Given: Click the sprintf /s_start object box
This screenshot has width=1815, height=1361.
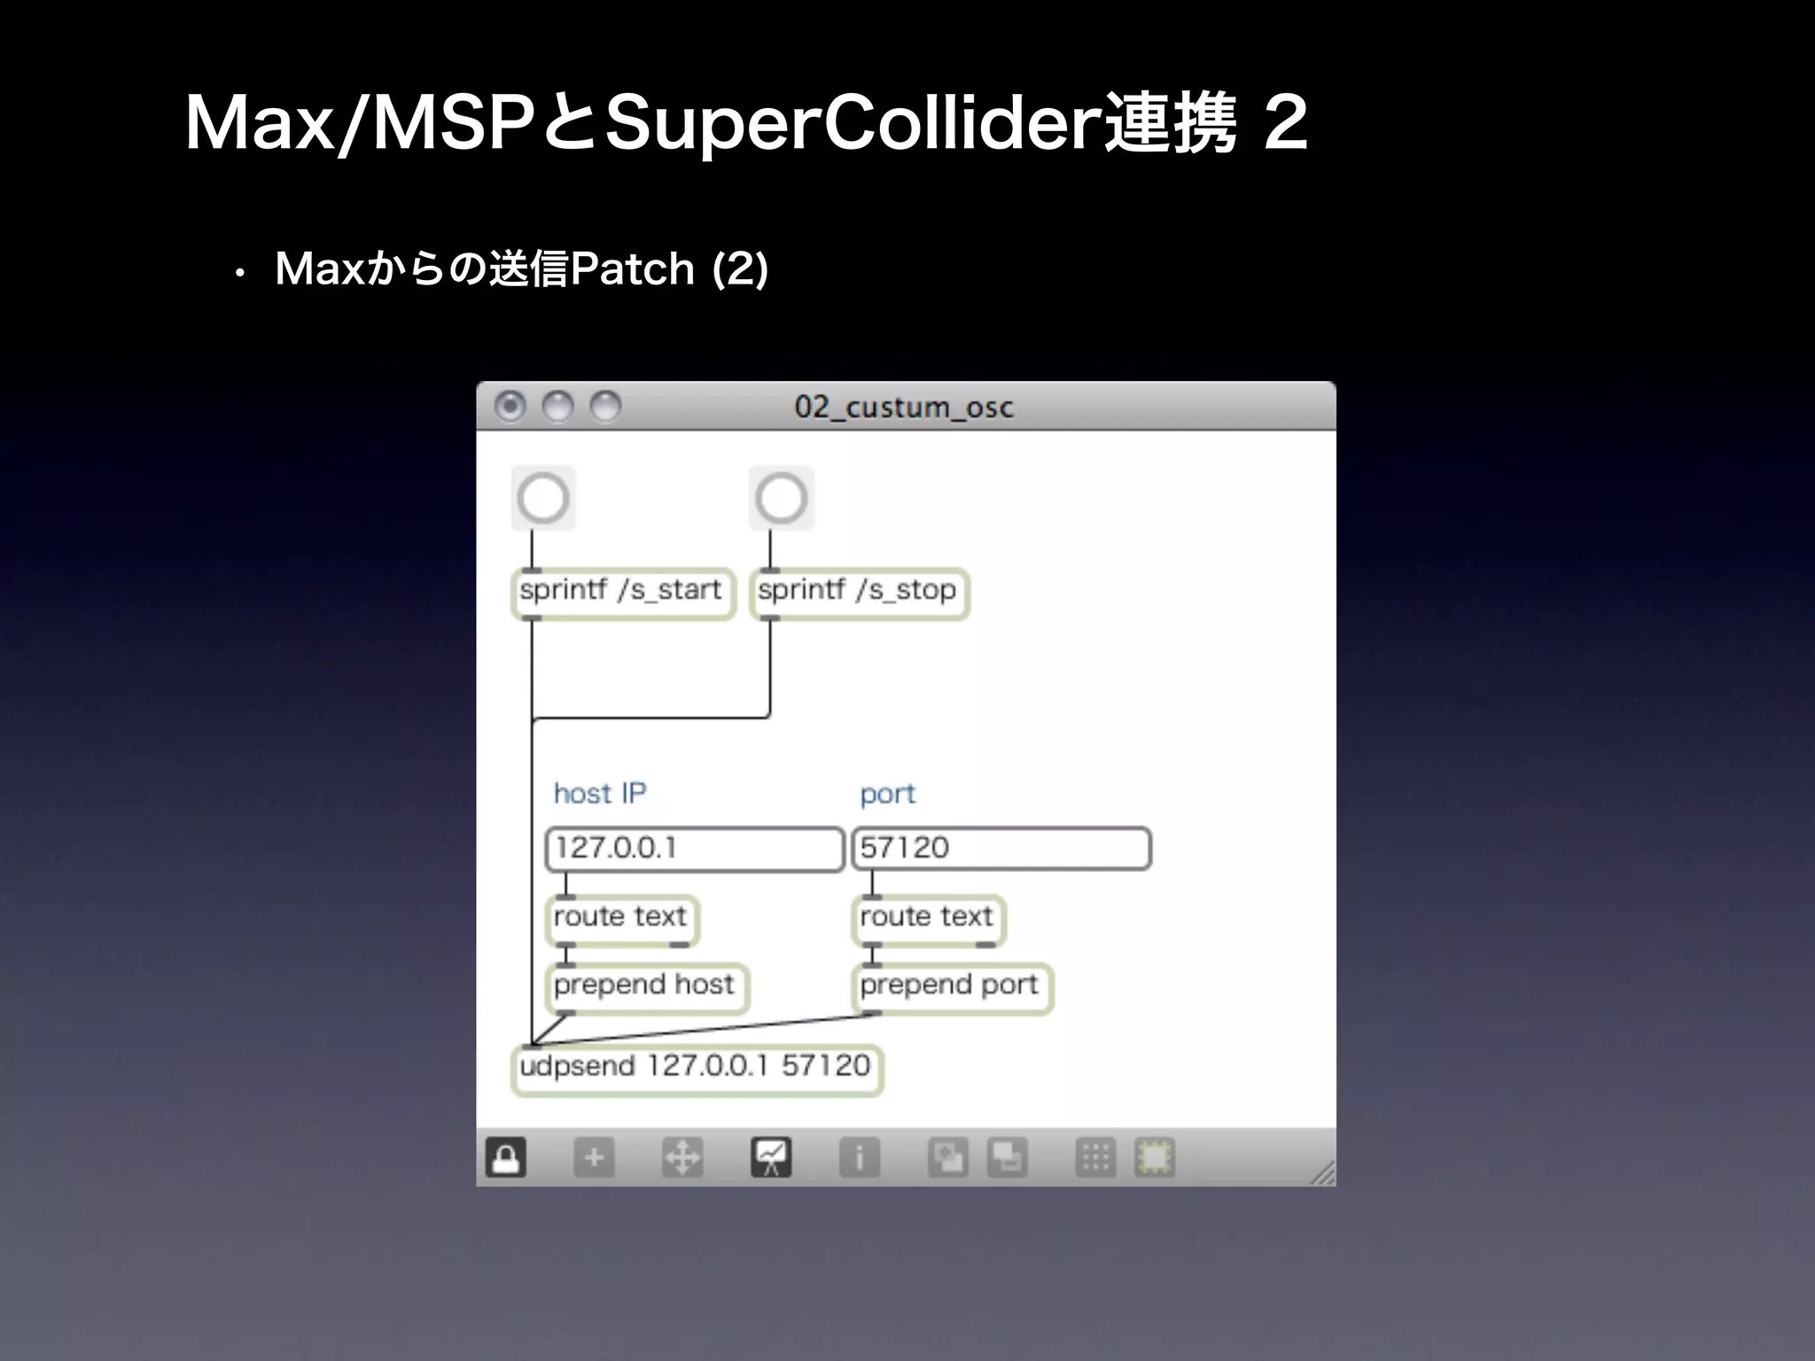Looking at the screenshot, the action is (623, 592).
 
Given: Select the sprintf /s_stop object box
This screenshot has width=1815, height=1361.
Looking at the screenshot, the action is (859, 592).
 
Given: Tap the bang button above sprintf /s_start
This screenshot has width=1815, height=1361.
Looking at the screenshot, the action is (543, 498).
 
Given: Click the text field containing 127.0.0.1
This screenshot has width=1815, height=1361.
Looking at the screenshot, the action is (694, 849).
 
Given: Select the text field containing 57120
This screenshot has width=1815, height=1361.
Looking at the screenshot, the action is (1001, 849).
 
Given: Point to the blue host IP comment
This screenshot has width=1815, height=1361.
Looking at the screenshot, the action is (600, 793).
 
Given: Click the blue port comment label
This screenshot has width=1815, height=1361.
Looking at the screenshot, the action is (887, 794).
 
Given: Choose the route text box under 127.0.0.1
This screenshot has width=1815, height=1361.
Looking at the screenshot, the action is (621, 918).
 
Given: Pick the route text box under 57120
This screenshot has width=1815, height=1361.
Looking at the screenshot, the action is (927, 918).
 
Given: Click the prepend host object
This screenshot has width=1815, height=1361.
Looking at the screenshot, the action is (646, 986).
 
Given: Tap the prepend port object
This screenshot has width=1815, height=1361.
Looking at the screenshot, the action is (951, 986).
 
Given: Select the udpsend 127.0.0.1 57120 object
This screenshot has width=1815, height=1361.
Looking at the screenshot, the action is (697, 1068).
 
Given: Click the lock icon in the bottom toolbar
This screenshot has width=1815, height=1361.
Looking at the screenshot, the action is (506, 1157).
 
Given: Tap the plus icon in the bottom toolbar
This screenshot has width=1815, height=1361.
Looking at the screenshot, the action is (594, 1157).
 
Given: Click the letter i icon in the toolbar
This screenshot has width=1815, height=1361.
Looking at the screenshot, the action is (859, 1157).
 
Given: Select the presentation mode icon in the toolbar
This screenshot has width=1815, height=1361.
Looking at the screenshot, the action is (771, 1157).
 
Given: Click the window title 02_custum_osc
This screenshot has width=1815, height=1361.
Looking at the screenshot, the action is (904, 407).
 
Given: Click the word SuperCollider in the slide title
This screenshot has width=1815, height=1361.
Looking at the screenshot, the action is (854, 125).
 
